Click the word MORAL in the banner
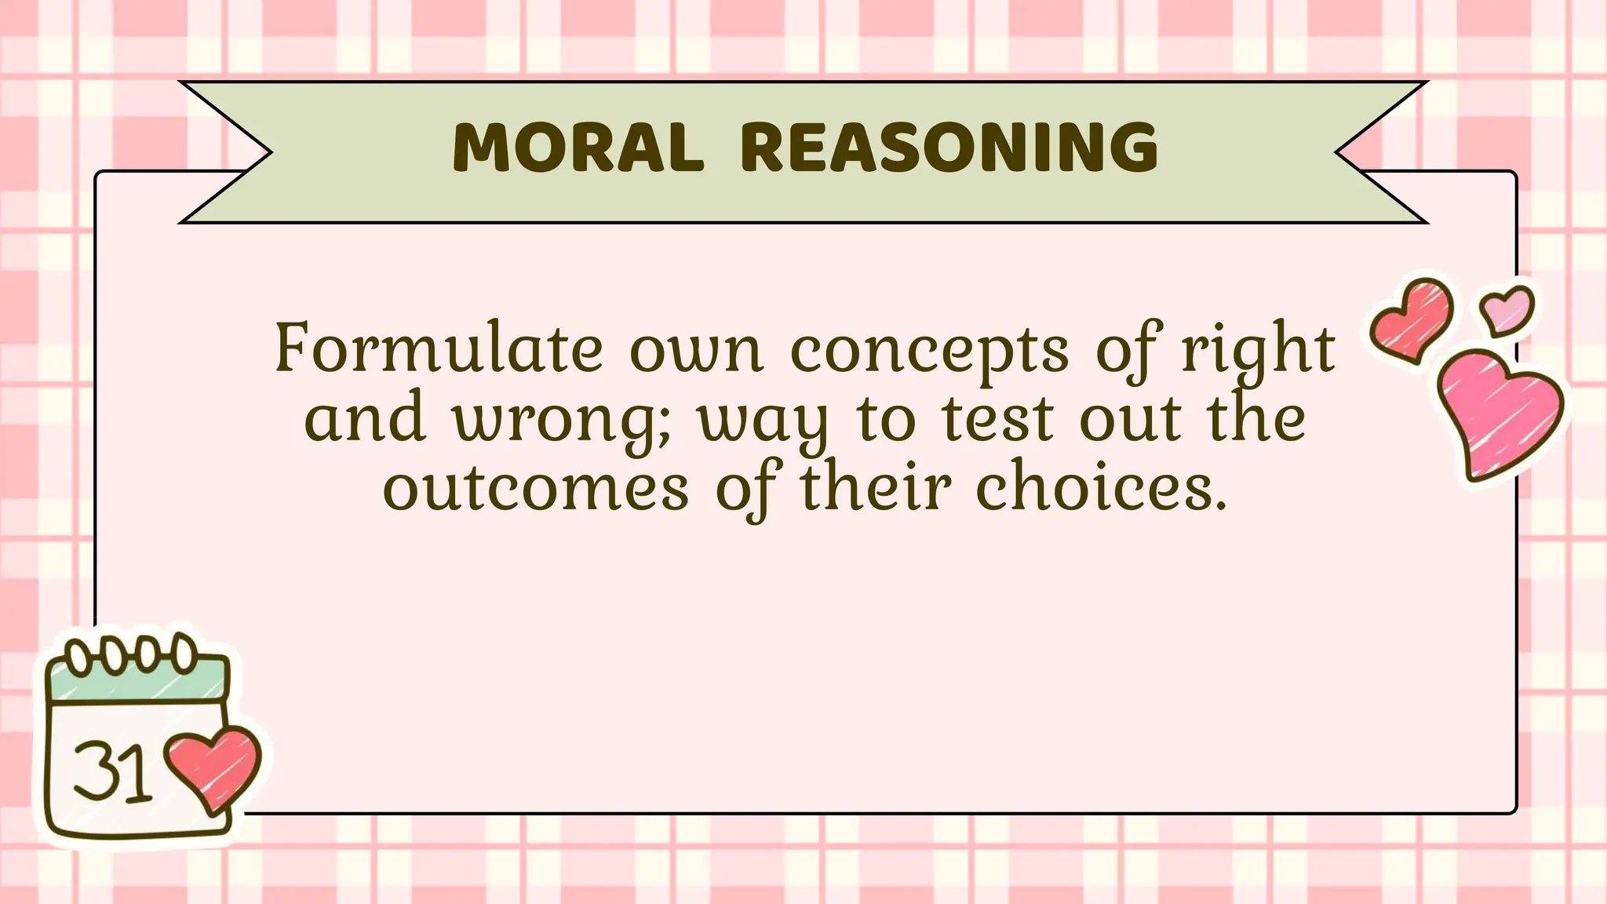(578, 149)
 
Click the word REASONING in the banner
(948, 149)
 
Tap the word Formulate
(439, 349)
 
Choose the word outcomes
(536, 488)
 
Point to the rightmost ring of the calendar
(185, 652)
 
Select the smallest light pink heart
(1507, 311)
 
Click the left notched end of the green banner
(224, 152)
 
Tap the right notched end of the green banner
(1381, 152)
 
